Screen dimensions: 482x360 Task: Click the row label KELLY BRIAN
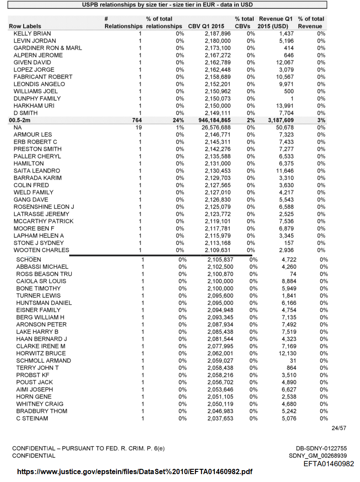(x=32, y=33)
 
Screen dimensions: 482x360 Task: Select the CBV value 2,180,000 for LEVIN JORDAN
(x=218, y=41)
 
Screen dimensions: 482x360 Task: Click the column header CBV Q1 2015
(x=206, y=26)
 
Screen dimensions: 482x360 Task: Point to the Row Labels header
(x=25, y=26)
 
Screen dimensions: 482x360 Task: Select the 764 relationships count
(x=140, y=120)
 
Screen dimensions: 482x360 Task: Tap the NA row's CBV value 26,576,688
(x=215, y=127)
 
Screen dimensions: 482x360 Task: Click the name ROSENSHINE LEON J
(x=44, y=206)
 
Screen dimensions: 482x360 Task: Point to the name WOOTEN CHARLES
(x=41, y=250)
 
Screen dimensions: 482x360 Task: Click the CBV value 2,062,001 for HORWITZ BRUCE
(x=220, y=353)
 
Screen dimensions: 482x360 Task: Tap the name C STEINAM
(x=32, y=418)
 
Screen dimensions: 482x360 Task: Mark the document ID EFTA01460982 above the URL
(x=328, y=464)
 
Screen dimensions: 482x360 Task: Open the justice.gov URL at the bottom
(x=134, y=472)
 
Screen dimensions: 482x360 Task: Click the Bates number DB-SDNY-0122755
(x=321, y=448)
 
